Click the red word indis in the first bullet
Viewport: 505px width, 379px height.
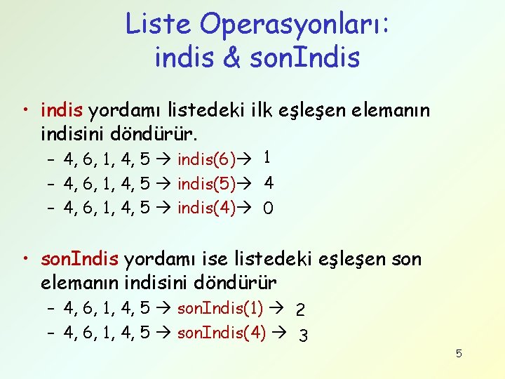click(62, 110)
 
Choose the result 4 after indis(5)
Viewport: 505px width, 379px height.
click(269, 183)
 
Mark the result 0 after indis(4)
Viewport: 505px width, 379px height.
click(268, 208)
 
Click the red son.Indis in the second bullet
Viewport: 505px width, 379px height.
click(80, 259)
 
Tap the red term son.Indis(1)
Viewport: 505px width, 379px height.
click(221, 307)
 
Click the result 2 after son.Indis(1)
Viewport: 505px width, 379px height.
click(300, 309)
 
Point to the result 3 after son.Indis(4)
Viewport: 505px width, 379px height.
click(303, 335)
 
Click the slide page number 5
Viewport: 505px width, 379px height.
click(459, 354)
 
